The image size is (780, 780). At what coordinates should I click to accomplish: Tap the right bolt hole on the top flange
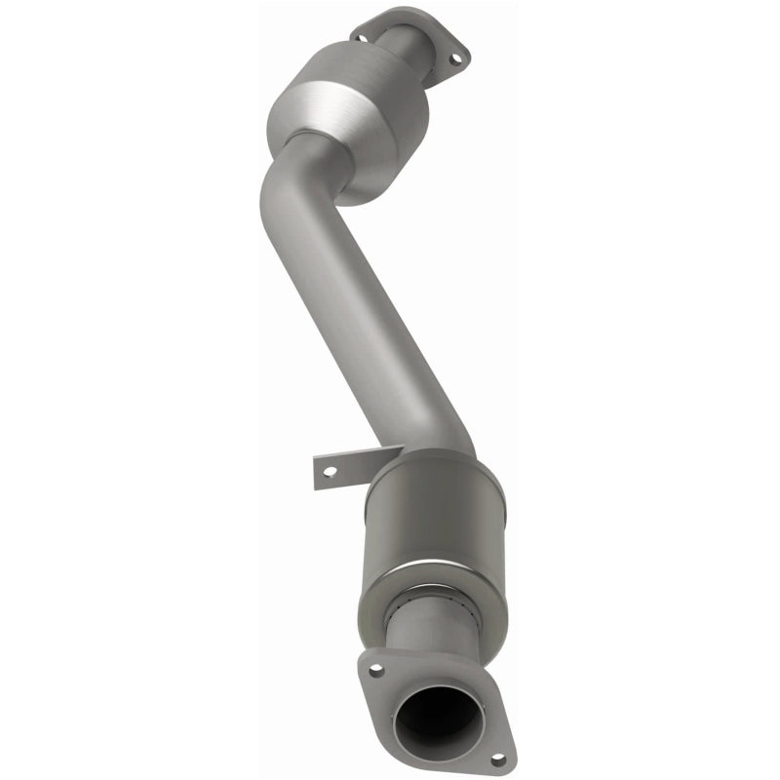point(452,60)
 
